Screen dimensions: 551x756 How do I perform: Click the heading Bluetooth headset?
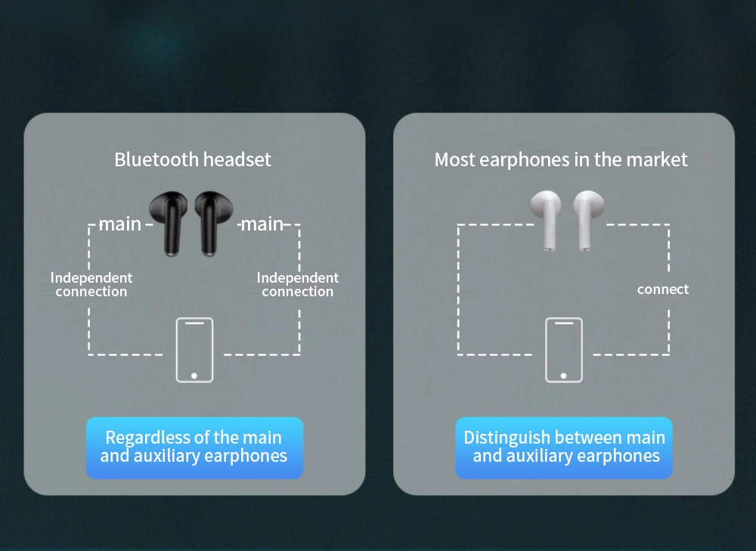(193, 159)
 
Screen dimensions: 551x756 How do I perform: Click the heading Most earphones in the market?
(561, 159)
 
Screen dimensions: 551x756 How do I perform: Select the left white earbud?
(545, 218)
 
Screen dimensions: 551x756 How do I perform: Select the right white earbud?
(588, 218)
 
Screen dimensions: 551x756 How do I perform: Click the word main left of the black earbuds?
(120, 224)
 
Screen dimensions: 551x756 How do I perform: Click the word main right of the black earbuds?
(262, 224)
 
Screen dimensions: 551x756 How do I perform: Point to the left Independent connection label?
(91, 285)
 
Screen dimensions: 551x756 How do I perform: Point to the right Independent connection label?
(298, 285)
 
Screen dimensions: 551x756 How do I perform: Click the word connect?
(663, 289)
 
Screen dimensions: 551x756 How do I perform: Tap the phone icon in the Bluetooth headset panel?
(194, 349)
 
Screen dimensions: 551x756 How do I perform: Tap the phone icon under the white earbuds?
(564, 349)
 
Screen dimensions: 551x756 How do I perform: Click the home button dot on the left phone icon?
(194, 374)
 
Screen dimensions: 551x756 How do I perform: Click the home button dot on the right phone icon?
(564, 374)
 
